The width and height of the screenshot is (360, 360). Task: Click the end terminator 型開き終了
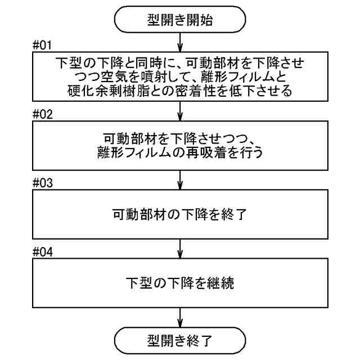[179, 340]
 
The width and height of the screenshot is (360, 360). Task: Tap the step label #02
[43, 115]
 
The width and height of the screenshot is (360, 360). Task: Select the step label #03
[43, 183]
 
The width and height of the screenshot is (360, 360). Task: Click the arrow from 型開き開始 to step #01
[179, 42]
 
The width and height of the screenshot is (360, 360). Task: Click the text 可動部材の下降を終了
[179, 214]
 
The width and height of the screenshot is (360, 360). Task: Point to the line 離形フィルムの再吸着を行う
[179, 152]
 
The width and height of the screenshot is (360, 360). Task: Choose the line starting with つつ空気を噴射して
[179, 76]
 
